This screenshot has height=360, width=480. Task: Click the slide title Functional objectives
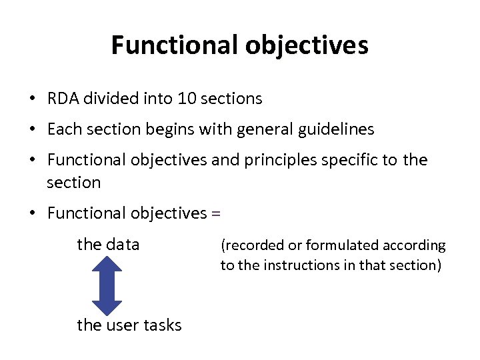(239, 45)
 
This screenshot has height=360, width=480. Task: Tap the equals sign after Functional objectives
(215, 214)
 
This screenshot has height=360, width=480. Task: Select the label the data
(108, 245)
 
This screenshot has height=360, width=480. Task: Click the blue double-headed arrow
(107, 285)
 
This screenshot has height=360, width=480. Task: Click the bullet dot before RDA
(32, 99)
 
